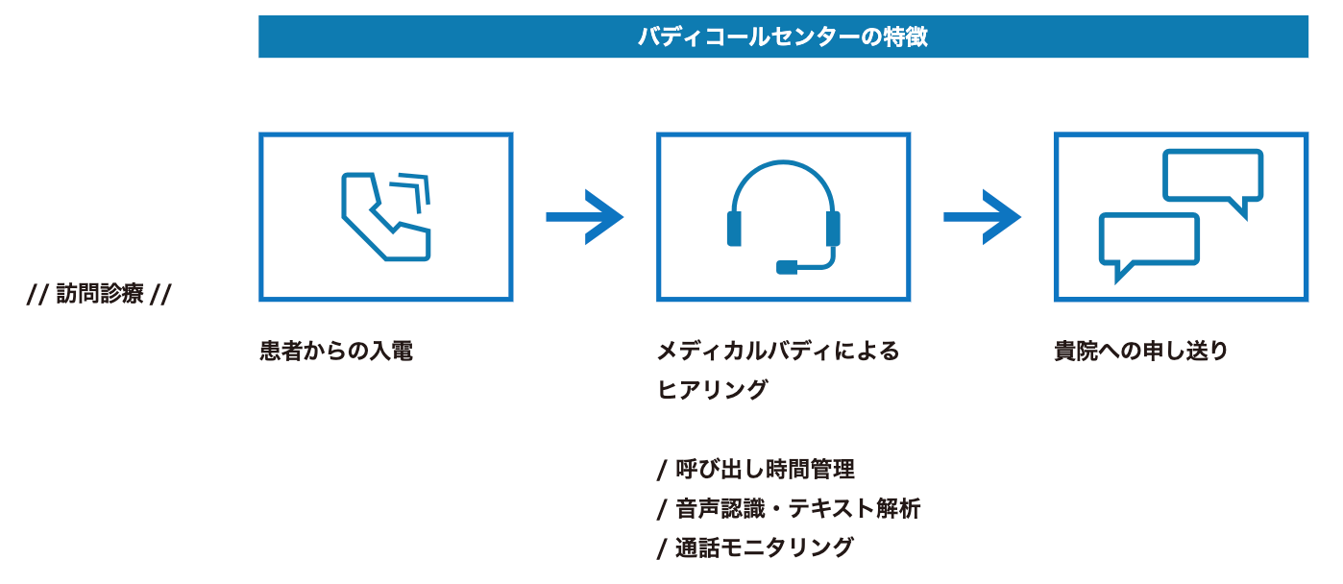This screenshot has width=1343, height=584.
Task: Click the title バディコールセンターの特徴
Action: click(x=783, y=37)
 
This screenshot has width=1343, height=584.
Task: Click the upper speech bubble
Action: click(x=1212, y=177)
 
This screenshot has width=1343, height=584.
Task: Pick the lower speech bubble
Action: click(x=1149, y=240)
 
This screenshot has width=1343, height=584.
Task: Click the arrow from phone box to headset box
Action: click(x=584, y=217)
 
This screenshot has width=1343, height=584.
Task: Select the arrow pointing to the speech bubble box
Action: click(x=982, y=217)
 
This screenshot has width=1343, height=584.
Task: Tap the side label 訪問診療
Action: click(x=100, y=294)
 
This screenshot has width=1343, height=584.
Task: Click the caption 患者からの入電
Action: click(x=336, y=352)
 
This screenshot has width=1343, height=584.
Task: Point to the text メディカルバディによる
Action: click(x=778, y=352)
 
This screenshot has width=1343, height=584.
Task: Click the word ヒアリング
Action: click(x=712, y=390)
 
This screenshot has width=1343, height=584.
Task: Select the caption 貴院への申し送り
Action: click(x=1141, y=352)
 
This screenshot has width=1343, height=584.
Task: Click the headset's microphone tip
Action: click(x=787, y=266)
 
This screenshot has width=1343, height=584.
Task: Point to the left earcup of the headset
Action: click(x=735, y=229)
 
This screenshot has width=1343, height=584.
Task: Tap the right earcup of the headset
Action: click(x=833, y=229)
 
